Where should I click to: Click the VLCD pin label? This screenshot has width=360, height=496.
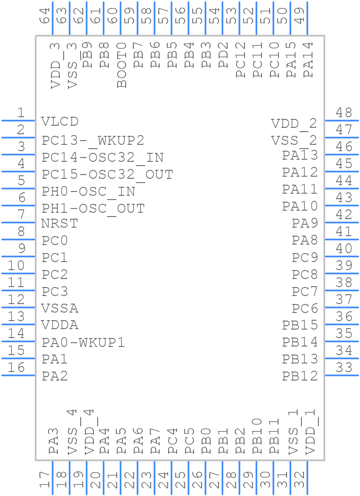click(x=60, y=121)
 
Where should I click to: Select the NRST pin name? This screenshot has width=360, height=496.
click(x=60, y=223)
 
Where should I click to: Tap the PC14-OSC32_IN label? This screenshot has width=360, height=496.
click(x=103, y=158)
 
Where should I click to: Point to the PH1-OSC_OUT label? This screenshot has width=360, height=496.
click(x=93, y=209)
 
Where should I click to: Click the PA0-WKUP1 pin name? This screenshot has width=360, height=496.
click(x=83, y=342)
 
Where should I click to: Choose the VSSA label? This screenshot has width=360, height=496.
click(x=60, y=308)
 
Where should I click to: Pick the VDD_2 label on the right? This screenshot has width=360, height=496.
click(x=294, y=124)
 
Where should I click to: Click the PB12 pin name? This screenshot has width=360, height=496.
click(x=300, y=376)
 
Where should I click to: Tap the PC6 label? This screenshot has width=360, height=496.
click(x=305, y=308)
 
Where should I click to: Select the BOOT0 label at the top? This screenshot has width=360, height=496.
click(x=122, y=65)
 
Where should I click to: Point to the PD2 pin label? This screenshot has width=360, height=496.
click(x=224, y=55)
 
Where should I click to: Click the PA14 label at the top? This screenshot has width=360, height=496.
click(x=309, y=59)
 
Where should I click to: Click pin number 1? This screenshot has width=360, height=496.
click(x=20, y=113)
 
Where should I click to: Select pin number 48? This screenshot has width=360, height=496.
click(x=344, y=113)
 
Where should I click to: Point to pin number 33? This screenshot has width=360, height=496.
click(x=344, y=367)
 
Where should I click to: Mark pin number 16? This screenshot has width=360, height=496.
click(x=17, y=367)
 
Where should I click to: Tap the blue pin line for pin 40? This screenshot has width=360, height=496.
click(x=341, y=256)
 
